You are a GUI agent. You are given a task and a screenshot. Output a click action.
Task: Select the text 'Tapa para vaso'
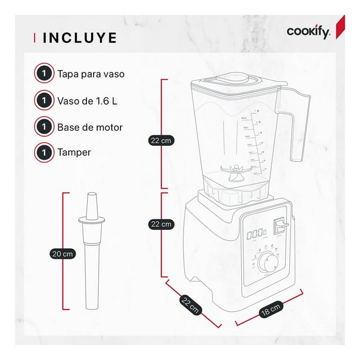91,74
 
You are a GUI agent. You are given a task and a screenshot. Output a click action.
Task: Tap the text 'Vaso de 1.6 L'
88,100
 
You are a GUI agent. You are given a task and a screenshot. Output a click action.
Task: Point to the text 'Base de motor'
90,126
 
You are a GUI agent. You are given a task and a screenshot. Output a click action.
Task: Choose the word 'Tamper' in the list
74,152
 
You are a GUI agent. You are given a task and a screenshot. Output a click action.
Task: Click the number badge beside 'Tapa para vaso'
44,74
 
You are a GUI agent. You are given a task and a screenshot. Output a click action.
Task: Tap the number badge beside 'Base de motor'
44,126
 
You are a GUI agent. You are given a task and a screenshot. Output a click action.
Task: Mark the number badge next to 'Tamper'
44,152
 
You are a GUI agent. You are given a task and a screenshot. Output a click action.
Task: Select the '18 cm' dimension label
271,309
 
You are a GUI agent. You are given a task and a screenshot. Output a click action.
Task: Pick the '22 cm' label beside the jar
161,141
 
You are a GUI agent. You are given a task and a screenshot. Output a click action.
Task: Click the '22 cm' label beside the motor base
161,224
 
